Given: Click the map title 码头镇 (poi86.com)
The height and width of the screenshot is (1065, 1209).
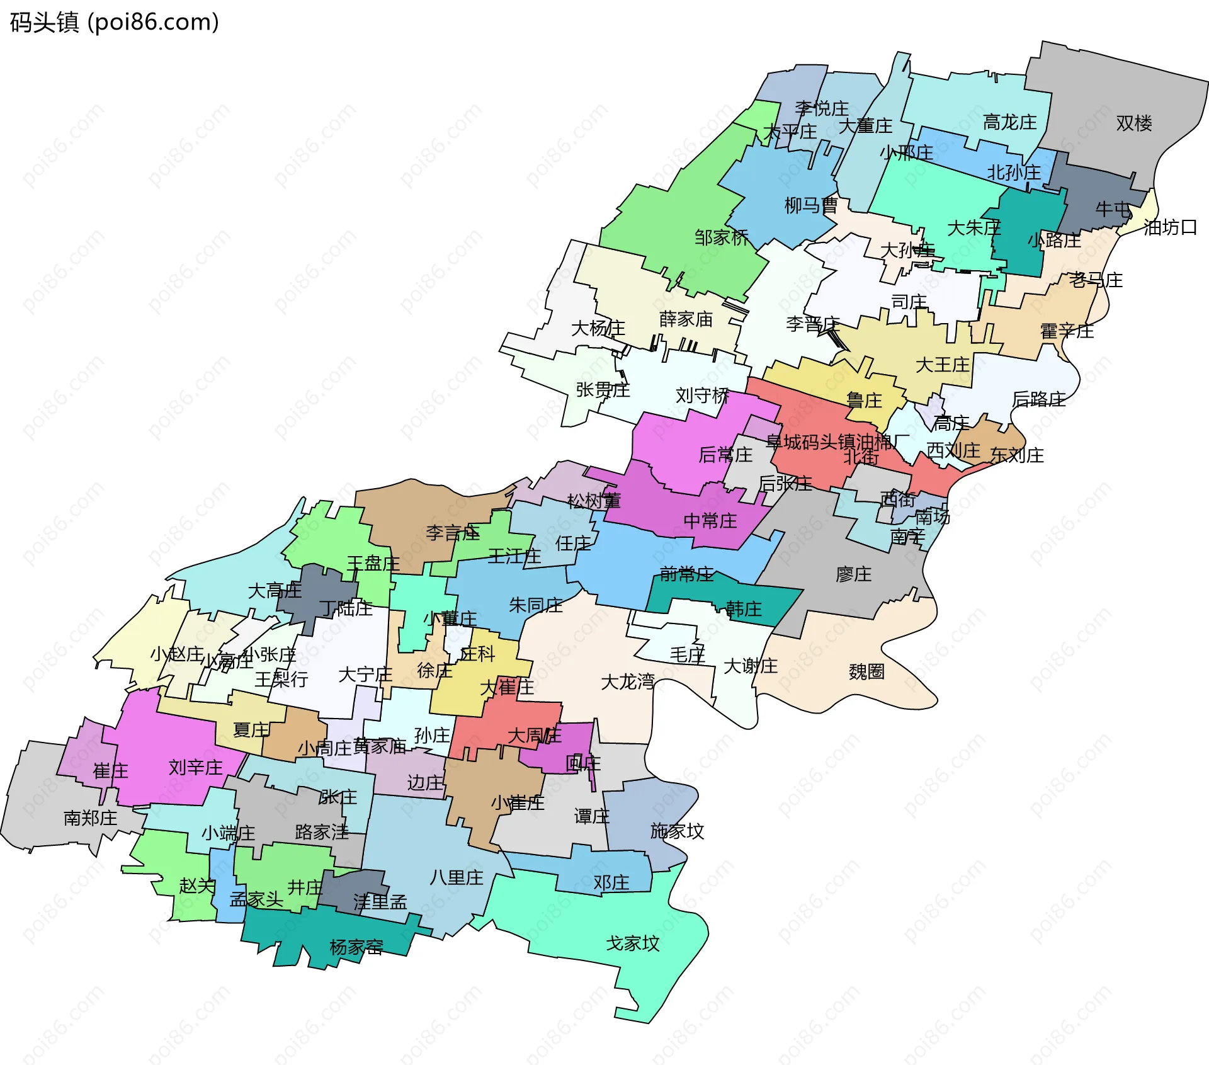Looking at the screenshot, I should [x=114, y=22].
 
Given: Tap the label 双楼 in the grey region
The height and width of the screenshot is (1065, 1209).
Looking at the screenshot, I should [x=1133, y=123].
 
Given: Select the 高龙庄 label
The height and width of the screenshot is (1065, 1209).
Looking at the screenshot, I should [x=1009, y=122].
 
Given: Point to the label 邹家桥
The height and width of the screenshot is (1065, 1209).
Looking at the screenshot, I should [x=722, y=237].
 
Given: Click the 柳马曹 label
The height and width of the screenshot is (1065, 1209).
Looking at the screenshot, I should [x=810, y=205].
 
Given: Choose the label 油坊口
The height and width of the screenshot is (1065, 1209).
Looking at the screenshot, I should [x=1170, y=227].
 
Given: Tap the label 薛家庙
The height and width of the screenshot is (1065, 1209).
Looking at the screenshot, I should [x=686, y=319].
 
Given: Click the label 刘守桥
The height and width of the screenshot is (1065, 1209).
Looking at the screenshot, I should [x=702, y=396].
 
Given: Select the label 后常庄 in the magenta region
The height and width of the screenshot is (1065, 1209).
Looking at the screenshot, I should [x=725, y=455].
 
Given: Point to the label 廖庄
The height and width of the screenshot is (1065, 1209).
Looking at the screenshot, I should [x=853, y=574].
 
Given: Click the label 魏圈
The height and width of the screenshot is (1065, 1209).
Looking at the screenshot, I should [x=866, y=671].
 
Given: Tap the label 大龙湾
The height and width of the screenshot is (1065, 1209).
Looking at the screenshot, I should [x=628, y=681].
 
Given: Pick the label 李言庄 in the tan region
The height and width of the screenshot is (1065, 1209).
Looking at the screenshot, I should [x=452, y=533].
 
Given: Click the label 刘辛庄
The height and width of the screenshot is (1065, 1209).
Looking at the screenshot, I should [x=195, y=768].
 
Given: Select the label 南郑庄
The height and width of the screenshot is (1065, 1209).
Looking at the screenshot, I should [x=90, y=818].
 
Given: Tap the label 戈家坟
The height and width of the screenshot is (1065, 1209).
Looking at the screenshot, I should [x=632, y=943].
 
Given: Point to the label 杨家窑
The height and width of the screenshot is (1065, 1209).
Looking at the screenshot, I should [x=356, y=947].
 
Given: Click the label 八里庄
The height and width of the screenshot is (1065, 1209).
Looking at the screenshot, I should [x=456, y=877].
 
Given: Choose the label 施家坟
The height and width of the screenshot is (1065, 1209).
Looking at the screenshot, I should [x=677, y=831].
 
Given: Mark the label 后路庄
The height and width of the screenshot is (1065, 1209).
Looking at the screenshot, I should [x=1038, y=399].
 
